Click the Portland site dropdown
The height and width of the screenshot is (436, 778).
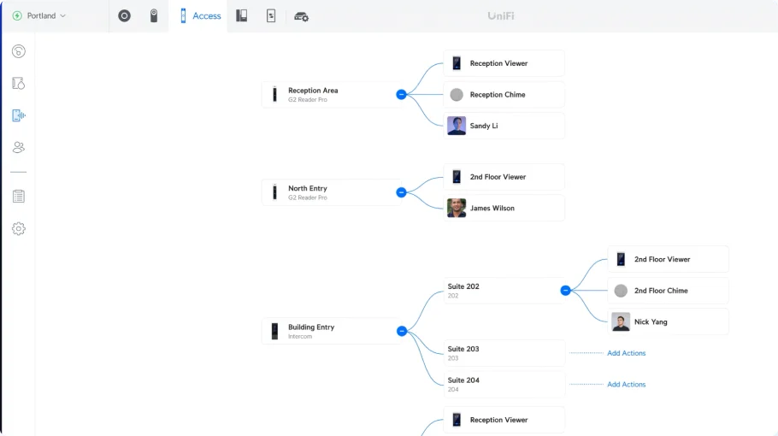point(39,16)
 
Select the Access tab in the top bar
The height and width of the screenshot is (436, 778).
point(200,16)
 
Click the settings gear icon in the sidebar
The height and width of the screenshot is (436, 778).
point(19,228)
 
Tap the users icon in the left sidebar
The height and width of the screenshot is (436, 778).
point(19,147)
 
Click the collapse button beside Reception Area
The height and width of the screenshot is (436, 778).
point(402,94)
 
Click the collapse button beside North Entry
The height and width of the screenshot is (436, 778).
point(402,192)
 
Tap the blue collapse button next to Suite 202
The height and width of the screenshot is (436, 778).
point(565,290)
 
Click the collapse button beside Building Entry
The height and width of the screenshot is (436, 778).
point(402,331)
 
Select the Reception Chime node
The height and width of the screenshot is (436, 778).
point(504,95)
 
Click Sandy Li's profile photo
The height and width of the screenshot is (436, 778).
point(457,126)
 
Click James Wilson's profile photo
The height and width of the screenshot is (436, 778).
point(457,209)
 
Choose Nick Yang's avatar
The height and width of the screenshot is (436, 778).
point(621,322)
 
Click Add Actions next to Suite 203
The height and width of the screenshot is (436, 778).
point(626,353)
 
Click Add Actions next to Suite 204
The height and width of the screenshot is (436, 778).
point(626,385)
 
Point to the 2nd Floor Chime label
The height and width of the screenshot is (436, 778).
point(661,291)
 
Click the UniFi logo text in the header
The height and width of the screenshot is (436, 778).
point(501,16)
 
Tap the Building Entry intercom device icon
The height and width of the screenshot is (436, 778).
point(274,331)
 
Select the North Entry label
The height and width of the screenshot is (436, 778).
point(308,188)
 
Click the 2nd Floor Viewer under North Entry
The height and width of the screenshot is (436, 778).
point(504,177)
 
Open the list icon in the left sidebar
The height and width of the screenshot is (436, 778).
point(19,197)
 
